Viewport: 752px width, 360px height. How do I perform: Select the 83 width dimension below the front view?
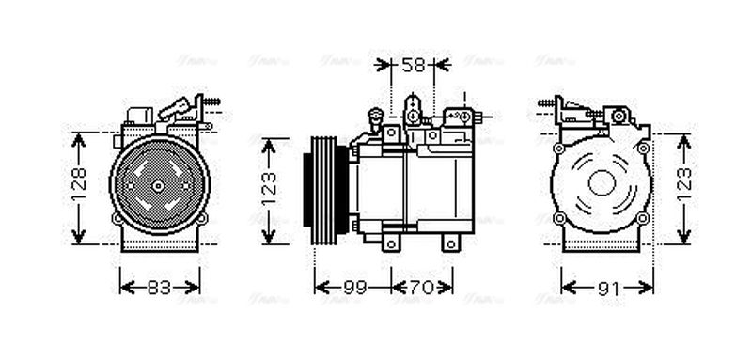coord(160,288)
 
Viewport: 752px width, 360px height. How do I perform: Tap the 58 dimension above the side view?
coord(413,65)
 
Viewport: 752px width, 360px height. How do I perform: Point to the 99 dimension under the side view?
coord(353,288)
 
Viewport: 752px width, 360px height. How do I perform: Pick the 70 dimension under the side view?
coord(422,288)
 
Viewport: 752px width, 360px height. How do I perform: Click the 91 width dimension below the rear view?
coord(608,288)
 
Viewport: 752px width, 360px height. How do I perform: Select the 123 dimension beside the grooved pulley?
coord(270,189)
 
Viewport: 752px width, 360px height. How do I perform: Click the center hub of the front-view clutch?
coord(159,185)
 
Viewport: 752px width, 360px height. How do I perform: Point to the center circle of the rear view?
coord(602,182)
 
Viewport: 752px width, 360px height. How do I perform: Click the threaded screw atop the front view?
coord(211,101)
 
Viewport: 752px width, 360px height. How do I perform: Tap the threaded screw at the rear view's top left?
coord(545,102)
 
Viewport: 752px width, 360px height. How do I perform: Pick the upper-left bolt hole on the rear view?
coord(559,148)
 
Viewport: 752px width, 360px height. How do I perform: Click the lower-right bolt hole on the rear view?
coord(643,219)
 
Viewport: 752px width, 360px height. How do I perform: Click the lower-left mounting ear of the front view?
coord(117,218)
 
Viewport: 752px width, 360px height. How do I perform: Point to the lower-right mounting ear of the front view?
coord(201,218)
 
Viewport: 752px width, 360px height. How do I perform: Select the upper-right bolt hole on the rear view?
coord(643,148)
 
